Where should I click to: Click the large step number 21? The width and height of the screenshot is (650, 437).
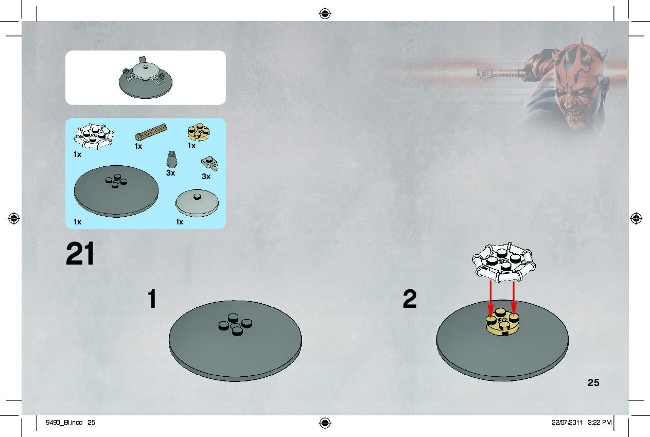point(80,254)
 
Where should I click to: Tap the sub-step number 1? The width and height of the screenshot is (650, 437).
point(152,299)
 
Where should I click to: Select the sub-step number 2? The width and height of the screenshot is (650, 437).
point(410,299)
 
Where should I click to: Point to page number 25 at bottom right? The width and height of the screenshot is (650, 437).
point(593,382)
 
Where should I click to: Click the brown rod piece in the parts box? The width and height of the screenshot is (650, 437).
point(151,132)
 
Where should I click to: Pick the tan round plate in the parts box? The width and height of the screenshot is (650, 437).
point(198,132)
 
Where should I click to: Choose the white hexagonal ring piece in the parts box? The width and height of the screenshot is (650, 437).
point(93,136)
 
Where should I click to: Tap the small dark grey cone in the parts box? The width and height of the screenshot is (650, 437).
point(172,160)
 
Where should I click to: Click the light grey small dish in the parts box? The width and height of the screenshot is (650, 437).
point(198,203)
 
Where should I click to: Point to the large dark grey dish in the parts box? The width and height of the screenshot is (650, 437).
point(116,190)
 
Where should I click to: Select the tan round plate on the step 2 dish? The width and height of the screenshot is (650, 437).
point(502,324)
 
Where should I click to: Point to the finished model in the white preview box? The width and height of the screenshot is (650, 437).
point(145,77)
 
